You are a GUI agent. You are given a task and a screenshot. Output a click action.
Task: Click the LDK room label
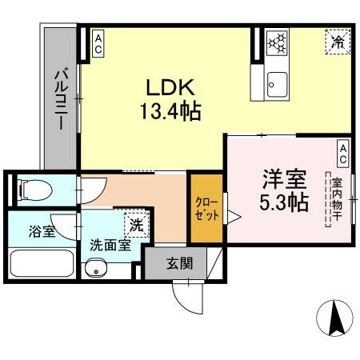coord(169,86)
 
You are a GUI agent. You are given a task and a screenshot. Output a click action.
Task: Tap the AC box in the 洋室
coord(342,150)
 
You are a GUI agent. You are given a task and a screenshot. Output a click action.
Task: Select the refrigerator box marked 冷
coord(338,42)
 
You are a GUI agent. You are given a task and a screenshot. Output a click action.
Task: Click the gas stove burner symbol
coord(277,42)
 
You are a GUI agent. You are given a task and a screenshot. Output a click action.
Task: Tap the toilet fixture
coord(34,190)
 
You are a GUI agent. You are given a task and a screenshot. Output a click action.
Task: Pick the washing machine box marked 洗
coord(136,226)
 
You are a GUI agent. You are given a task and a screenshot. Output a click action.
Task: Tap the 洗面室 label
coord(110,246)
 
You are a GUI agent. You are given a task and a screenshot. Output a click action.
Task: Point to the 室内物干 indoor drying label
coord(337,199)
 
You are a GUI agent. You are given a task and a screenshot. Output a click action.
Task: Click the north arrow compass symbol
coord(334,320)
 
